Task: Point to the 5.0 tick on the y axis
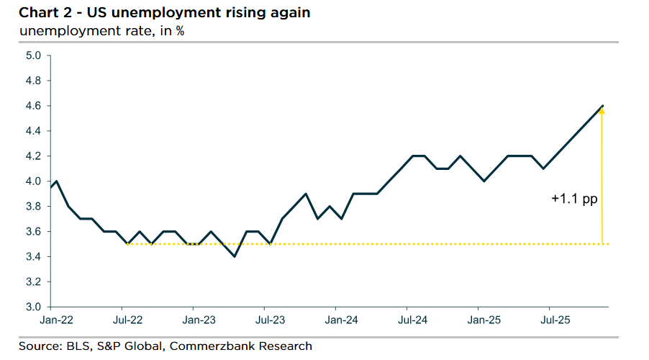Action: coord(33,55)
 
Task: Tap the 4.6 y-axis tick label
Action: coord(33,106)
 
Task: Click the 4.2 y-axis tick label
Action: coord(33,156)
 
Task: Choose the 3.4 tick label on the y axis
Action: coord(33,257)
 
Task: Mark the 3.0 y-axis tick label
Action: coord(33,307)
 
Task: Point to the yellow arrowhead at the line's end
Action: coord(602,110)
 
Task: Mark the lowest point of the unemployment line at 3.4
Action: coord(234,256)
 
